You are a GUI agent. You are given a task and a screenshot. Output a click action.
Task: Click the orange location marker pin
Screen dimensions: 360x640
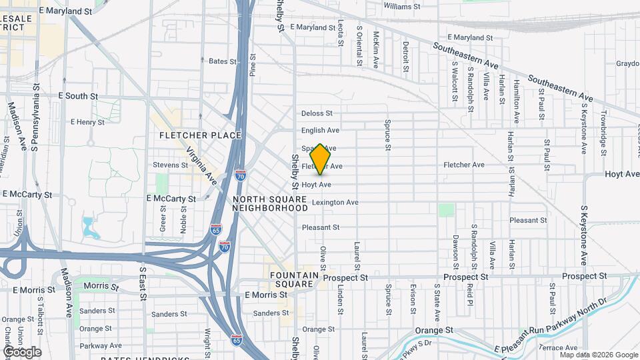pos(321,159)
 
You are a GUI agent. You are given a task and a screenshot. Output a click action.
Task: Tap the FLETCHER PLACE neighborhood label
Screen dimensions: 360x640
pos(200,135)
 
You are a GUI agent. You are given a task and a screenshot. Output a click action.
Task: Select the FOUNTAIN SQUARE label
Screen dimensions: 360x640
pos(291,279)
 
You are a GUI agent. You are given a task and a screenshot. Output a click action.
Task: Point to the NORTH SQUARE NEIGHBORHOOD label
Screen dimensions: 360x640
pos(269,203)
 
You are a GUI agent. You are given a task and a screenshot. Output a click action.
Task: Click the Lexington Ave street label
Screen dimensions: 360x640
pos(335,202)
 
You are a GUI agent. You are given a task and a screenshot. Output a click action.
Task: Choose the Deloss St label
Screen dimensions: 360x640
pos(316,113)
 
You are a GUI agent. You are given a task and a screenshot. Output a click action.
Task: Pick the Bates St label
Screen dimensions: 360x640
pos(223,61)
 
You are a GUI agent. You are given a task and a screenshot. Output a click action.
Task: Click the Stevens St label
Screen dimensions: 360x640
pos(171,165)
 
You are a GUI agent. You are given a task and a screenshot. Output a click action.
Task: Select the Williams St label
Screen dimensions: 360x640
pos(403,6)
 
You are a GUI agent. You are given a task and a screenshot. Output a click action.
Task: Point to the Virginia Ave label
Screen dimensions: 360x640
pos(201,165)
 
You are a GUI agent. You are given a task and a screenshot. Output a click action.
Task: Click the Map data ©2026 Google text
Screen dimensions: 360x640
pos(599,354)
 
